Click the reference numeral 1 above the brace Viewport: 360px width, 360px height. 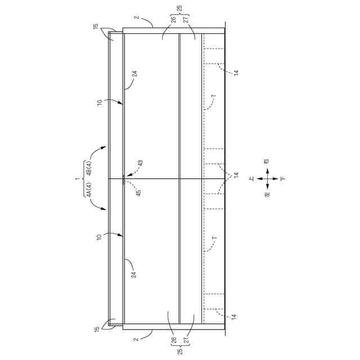click(78, 178)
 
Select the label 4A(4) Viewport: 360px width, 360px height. click(89, 189)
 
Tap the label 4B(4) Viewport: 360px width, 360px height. click(89, 168)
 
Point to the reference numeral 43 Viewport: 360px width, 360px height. click(140, 163)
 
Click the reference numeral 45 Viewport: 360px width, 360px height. click(138, 193)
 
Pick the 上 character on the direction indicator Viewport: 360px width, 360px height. click(252, 178)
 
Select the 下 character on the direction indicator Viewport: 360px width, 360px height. click(283, 178)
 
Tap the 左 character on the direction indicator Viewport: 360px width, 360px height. click(267, 195)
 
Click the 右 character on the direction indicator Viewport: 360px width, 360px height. click(267, 161)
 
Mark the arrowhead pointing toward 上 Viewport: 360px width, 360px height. click(259, 178)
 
